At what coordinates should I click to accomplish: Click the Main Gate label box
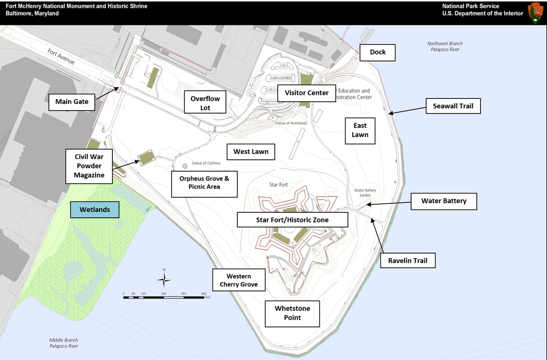[x=72, y=102]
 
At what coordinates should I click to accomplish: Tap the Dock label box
[x=377, y=52]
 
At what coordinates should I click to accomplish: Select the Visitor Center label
[x=306, y=93]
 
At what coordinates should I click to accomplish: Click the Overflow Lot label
[x=205, y=103]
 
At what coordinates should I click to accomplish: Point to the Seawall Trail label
[x=453, y=106]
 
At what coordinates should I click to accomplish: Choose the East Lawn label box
[x=360, y=130]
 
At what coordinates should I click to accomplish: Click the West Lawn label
[x=251, y=152]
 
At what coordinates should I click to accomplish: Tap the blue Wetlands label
[x=95, y=209]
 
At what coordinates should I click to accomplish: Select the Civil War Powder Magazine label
[x=89, y=166]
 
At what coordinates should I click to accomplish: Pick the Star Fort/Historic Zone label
[x=292, y=220]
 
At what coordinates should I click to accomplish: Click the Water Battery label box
[x=443, y=201]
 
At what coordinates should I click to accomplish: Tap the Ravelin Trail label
[x=408, y=260]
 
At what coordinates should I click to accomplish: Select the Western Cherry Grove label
[x=239, y=281]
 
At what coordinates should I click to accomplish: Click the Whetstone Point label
[x=292, y=313]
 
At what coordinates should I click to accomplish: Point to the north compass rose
[x=164, y=279]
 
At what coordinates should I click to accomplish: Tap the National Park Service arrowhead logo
[x=536, y=13]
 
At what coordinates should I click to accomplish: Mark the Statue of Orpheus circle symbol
[x=185, y=167]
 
